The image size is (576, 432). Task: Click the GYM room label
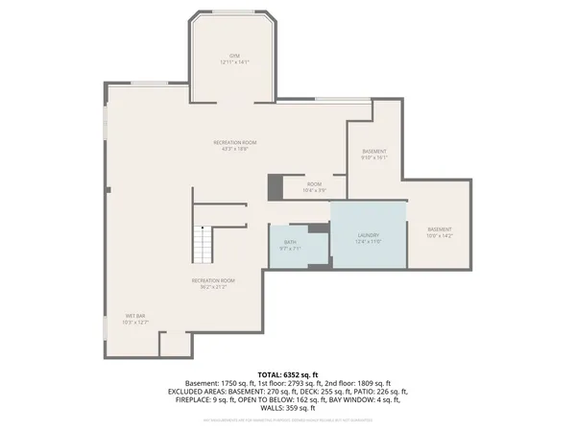(x=234, y=56)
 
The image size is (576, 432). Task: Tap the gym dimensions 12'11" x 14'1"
(x=234, y=62)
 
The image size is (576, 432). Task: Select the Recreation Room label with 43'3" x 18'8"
(x=234, y=142)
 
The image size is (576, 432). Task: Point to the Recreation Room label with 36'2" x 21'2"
(x=213, y=279)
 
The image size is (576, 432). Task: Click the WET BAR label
(x=134, y=316)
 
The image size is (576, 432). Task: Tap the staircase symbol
(x=203, y=244)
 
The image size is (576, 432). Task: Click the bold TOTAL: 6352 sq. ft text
(x=287, y=373)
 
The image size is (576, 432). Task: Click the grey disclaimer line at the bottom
(x=287, y=419)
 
